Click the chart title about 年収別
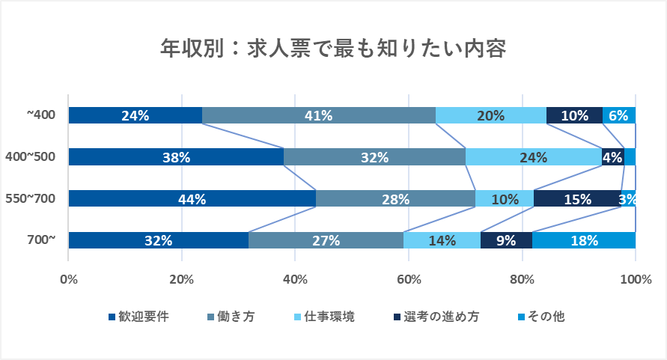[x=334, y=49]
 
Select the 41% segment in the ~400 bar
[x=319, y=115]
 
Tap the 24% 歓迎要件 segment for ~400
[x=135, y=115]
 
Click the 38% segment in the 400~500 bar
[x=176, y=157]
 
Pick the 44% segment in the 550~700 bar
[x=192, y=198]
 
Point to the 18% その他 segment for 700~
[x=584, y=240]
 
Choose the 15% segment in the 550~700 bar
[x=576, y=198]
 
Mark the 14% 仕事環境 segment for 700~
[x=442, y=240]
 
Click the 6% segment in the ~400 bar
[x=619, y=115]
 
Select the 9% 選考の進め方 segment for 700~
[x=506, y=240]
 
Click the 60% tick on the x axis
[x=409, y=280]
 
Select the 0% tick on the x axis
[x=69, y=280]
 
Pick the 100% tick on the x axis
[x=635, y=280]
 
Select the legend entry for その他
[x=540, y=317]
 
